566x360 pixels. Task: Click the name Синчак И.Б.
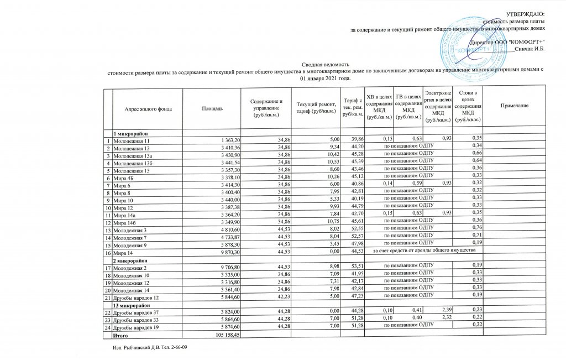coord(530,49)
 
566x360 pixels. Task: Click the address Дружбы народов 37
coord(137,313)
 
